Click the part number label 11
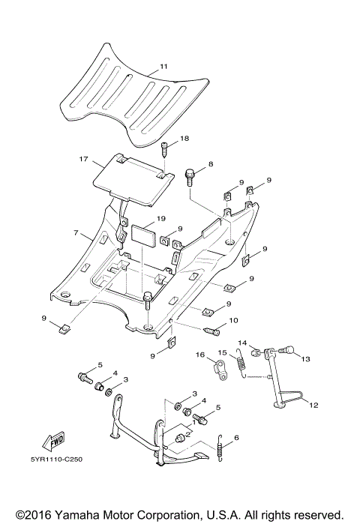tap(163, 67)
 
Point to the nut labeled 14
tap(256, 352)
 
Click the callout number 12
tap(313, 406)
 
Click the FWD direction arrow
tap(55, 442)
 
